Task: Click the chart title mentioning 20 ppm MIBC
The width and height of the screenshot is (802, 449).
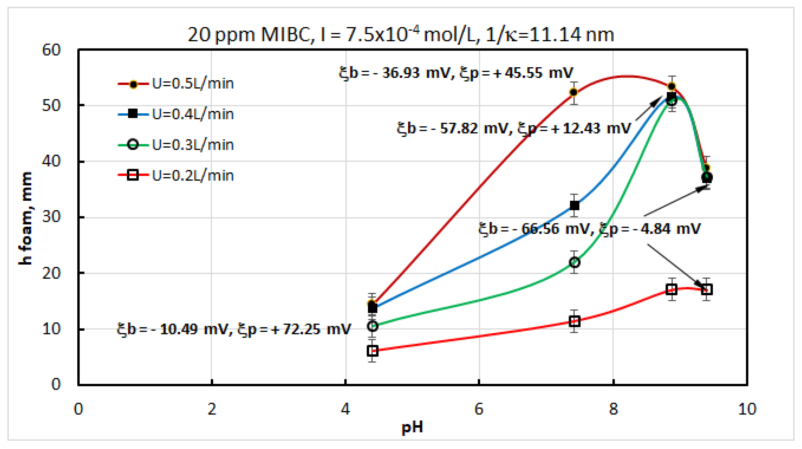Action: pos(401,34)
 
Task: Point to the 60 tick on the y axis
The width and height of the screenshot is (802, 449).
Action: pos(51,50)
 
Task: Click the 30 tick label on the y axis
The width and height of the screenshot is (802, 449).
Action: pos(51,217)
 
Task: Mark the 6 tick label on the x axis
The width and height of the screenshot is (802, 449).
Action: pos(479,409)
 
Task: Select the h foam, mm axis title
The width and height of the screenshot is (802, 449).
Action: pos(26,218)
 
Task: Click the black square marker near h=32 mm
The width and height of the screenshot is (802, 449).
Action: pos(575,205)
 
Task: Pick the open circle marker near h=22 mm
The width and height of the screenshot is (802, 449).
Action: pos(575,262)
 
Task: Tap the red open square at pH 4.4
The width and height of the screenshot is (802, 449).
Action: pos(372,351)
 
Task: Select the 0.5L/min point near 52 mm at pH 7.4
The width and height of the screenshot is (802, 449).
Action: pos(574,92)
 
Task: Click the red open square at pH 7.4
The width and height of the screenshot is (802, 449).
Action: pos(575,321)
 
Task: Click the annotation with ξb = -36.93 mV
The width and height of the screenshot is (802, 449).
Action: pos(456,73)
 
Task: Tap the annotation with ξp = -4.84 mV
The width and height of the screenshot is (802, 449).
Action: pos(589,229)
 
